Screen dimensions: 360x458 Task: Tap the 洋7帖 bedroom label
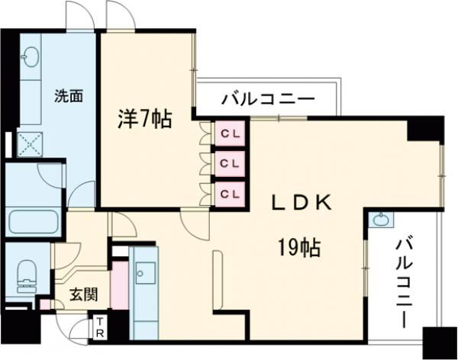click(x=144, y=119)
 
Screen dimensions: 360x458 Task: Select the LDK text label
click(x=302, y=202)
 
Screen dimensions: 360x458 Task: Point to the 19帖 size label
click(x=298, y=247)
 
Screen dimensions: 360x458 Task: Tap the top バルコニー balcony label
click(x=268, y=98)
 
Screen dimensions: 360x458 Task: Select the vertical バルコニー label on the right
click(x=405, y=281)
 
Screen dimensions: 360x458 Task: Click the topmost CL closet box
click(x=230, y=133)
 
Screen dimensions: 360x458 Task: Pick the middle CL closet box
click(x=230, y=162)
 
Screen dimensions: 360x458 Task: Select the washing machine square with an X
click(x=30, y=143)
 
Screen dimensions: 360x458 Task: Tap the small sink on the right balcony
click(x=382, y=220)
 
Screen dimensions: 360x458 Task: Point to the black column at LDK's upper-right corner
click(x=426, y=130)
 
